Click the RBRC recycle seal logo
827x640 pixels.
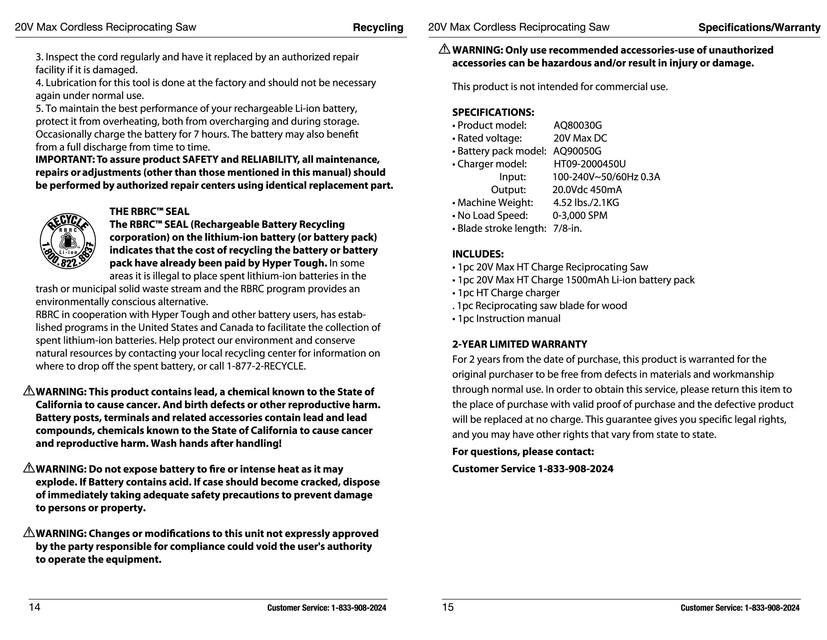point(68,241)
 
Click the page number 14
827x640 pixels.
point(34,607)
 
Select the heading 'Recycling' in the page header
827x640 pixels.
point(378,27)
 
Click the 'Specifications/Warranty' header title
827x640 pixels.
point(759,27)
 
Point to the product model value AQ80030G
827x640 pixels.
point(578,125)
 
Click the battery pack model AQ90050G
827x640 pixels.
point(577,151)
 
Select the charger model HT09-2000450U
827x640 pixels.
point(590,164)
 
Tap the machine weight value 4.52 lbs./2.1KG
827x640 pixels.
point(586,203)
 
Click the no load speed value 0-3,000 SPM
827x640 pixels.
point(580,215)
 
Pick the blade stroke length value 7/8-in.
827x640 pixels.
point(567,228)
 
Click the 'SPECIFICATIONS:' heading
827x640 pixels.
point(493,112)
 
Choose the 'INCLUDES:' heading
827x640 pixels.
point(478,254)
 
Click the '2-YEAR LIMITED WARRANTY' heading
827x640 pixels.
point(520,344)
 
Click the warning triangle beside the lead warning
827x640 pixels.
point(29,391)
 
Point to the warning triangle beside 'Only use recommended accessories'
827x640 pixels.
point(444,49)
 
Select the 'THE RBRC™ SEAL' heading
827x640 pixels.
point(149,211)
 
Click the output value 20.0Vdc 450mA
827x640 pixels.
point(587,190)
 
